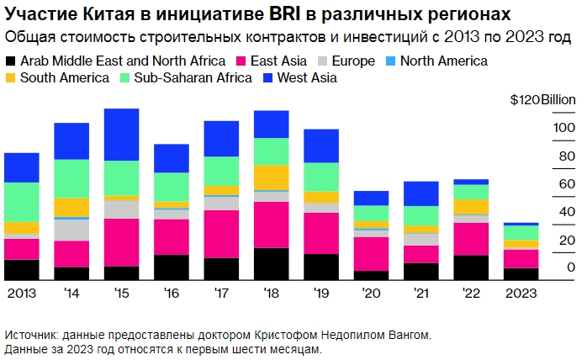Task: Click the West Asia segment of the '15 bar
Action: pyautogui.click(x=121, y=135)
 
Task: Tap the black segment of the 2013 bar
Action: pyautogui.click(x=22, y=270)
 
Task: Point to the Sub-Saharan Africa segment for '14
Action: pyautogui.click(x=71, y=178)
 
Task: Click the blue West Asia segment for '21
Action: pyautogui.click(x=420, y=193)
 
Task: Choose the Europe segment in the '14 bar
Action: pyautogui.click(x=71, y=230)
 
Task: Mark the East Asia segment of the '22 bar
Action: pyautogui.click(x=471, y=239)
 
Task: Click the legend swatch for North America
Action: pyautogui.click(x=389, y=61)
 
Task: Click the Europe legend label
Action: pyautogui.click(x=353, y=61)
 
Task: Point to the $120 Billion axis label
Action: pyautogui.click(x=542, y=99)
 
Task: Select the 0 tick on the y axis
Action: pyautogui.click(x=571, y=267)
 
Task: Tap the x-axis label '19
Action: pyautogui.click(x=320, y=293)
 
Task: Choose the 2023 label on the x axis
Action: pyautogui.click(x=521, y=293)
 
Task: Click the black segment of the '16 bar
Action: pyautogui.click(x=172, y=267)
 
